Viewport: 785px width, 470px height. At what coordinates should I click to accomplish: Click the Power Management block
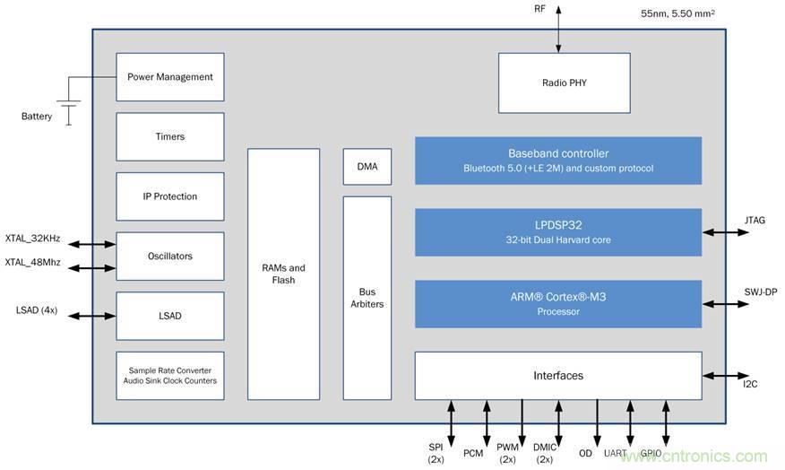170,77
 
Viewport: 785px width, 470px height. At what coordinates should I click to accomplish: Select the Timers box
170,136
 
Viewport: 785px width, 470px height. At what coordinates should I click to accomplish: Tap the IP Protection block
170,196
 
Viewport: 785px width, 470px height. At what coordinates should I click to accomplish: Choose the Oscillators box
170,257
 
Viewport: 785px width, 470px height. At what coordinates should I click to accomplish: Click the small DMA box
367,166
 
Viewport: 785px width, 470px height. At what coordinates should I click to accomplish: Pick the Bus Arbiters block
367,298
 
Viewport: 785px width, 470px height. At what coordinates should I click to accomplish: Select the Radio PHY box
564,83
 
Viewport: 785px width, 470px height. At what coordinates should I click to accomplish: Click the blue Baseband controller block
557,161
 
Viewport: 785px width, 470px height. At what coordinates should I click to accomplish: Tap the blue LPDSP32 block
557,232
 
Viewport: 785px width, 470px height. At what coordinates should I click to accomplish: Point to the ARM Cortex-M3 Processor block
557,304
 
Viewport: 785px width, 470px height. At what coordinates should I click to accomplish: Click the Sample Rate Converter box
170,375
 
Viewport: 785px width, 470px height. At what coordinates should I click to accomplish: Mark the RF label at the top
539,9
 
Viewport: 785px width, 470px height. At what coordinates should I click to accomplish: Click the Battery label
37,117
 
